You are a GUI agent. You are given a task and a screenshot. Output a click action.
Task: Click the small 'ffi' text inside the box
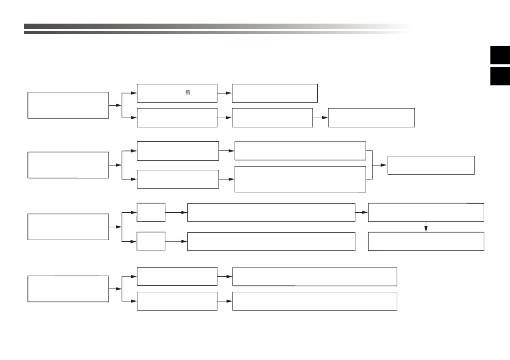(x=188, y=93)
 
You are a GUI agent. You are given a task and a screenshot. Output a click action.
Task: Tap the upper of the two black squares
(x=500, y=55)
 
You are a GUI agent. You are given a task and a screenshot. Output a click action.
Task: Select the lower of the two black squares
(x=500, y=76)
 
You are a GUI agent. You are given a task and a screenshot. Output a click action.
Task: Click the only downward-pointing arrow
(x=426, y=227)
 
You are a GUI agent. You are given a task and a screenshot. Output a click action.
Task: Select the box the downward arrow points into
(x=426, y=241)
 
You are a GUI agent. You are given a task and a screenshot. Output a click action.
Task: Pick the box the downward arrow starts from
(x=426, y=213)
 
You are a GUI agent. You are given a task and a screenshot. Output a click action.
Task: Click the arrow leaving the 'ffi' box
(x=224, y=93)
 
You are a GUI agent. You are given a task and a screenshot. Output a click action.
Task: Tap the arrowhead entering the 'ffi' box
(x=134, y=93)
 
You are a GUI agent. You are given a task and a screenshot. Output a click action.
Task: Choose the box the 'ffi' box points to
(x=275, y=93)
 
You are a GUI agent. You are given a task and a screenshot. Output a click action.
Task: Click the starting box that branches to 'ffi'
(x=68, y=105)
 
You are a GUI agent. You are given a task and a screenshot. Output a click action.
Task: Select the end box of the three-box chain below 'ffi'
(x=371, y=118)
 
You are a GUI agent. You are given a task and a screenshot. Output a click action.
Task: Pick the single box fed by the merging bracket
(x=431, y=165)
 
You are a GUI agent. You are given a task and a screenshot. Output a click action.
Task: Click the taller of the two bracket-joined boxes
(x=300, y=179)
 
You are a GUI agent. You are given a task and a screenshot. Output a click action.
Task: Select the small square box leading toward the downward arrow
(x=151, y=213)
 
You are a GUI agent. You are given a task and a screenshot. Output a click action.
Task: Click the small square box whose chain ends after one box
(x=151, y=241)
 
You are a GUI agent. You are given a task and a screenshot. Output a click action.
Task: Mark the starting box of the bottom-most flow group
(x=68, y=289)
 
